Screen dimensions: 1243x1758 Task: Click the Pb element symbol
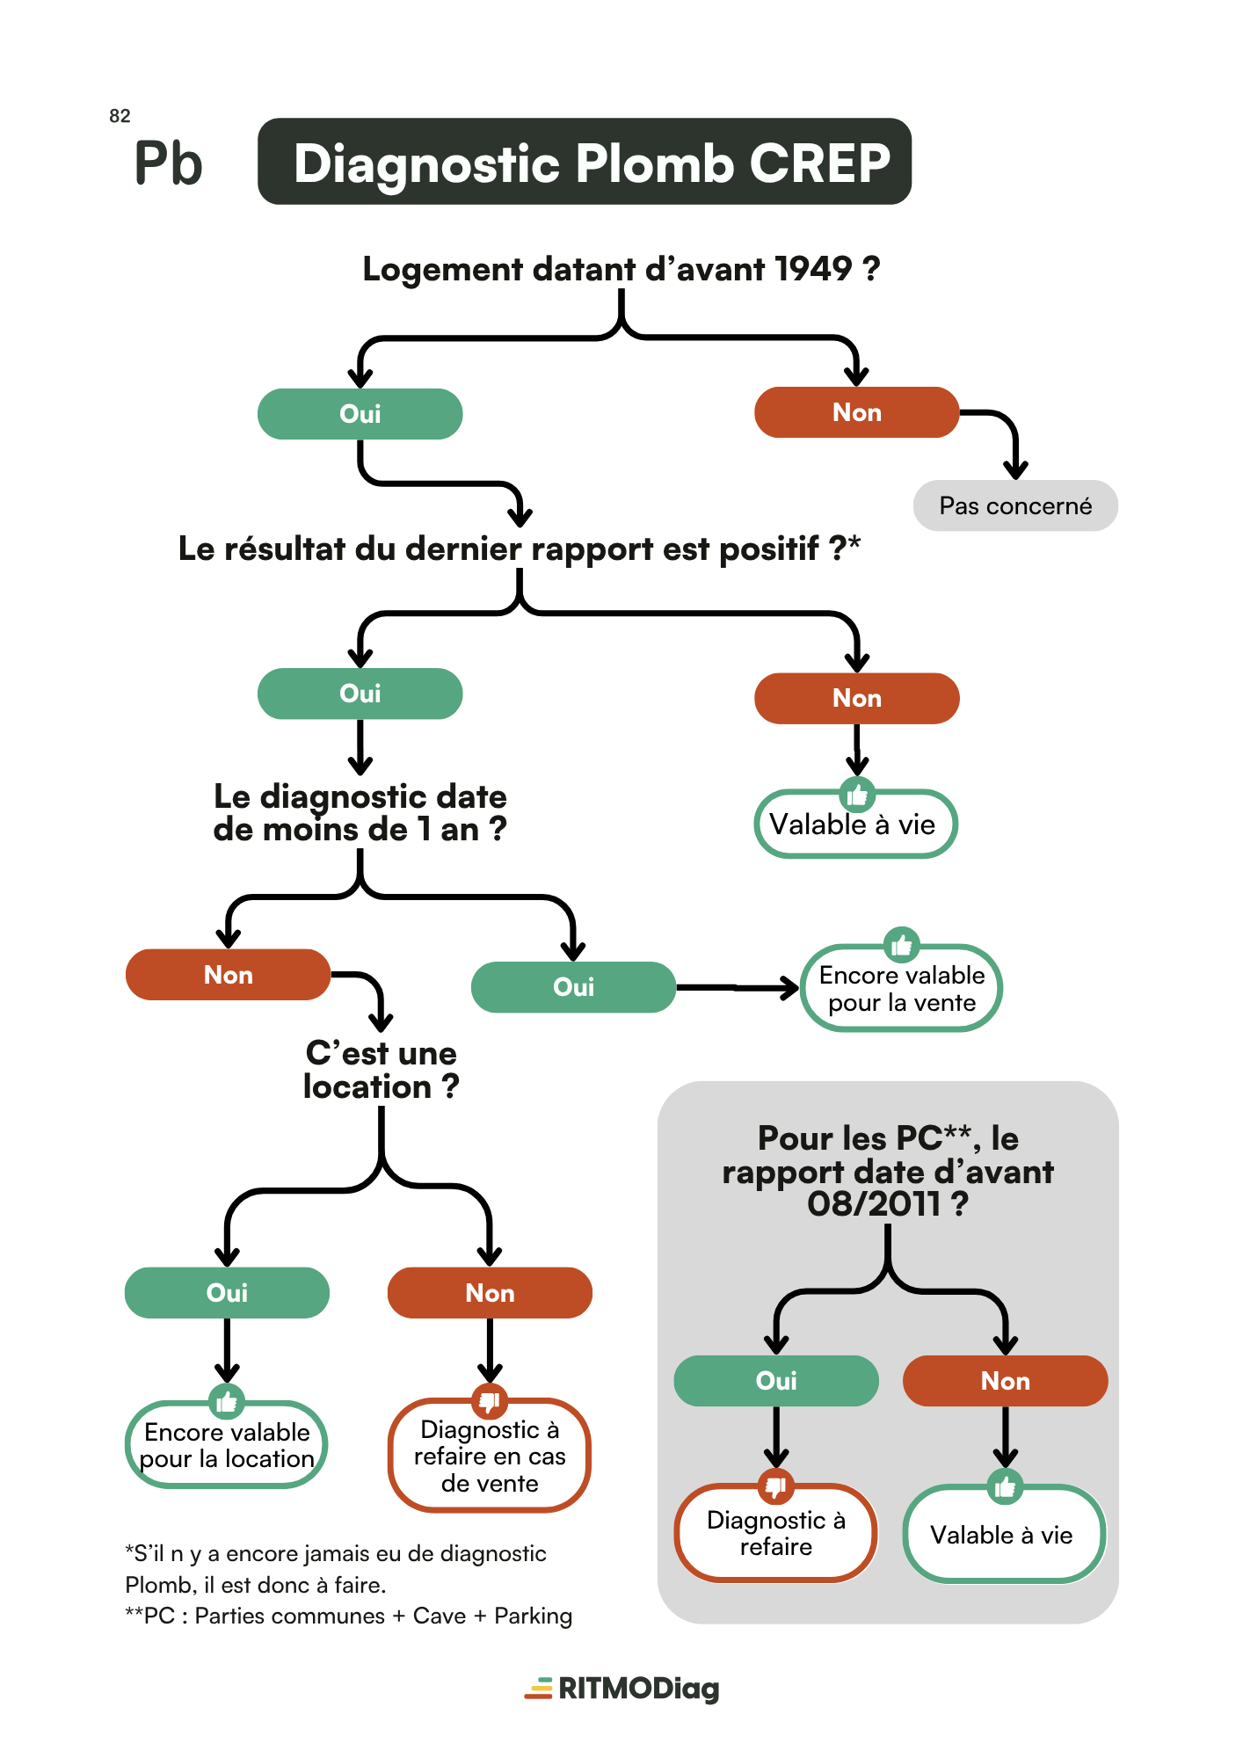coord(168,163)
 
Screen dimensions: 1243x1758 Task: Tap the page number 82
coord(120,116)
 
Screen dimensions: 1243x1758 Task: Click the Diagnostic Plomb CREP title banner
coord(585,162)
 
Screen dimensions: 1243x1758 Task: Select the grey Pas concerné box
coord(1015,505)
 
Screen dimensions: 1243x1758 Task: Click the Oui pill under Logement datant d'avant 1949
coord(360,414)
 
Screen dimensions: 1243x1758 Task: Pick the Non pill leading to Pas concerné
coord(857,412)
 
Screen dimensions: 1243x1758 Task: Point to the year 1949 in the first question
coord(815,269)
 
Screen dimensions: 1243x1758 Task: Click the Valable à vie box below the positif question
coord(855,824)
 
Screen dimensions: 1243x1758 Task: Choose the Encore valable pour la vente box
coord(902,988)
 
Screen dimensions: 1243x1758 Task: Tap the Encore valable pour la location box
coord(227,1444)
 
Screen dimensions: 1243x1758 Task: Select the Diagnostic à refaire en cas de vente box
coord(490,1456)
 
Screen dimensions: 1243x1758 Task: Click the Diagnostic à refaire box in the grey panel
coord(776,1533)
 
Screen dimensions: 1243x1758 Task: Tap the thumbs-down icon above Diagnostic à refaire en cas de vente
coord(490,1399)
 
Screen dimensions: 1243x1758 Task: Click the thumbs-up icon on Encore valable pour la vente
coord(902,946)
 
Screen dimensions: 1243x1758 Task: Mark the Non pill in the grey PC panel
coord(1006,1381)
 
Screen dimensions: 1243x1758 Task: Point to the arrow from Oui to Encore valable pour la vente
coord(737,988)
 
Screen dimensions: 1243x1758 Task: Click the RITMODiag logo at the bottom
coord(622,1689)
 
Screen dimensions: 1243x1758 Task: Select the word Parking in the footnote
coord(534,1616)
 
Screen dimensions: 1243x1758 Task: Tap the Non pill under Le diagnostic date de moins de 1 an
coord(229,975)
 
